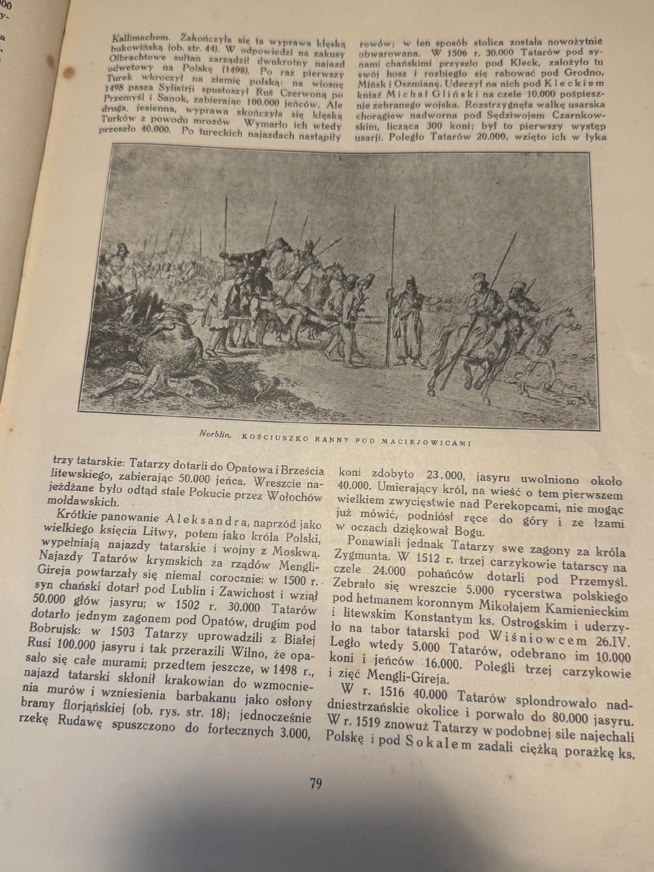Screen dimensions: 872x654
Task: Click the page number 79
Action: [x=316, y=783]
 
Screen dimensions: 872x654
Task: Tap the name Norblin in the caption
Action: [x=215, y=434]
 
